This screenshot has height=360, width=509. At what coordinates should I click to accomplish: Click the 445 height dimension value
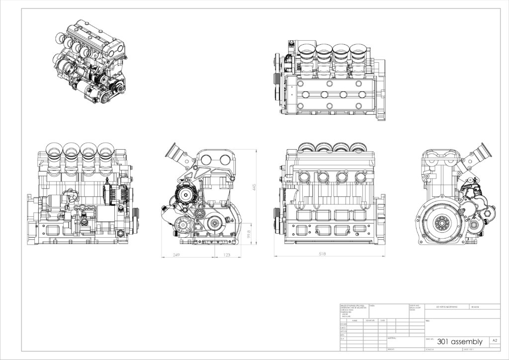254,187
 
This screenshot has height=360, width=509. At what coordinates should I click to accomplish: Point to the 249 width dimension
176,255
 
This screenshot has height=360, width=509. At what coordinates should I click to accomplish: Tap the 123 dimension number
226,255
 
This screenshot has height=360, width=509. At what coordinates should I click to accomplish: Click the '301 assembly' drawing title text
459,342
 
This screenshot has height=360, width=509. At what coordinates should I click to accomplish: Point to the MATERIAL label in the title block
391,338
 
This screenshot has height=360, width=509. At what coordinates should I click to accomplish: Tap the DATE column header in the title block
382,321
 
